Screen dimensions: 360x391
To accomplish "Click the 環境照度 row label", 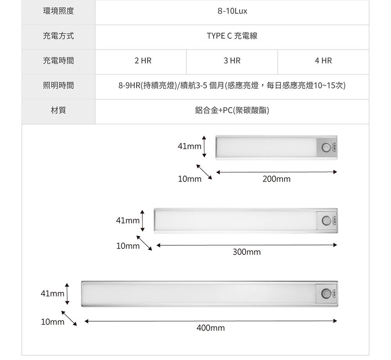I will (x=58, y=11).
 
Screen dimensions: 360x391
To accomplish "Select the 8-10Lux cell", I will (x=232, y=11).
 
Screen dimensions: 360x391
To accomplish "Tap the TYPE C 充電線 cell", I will (x=232, y=36).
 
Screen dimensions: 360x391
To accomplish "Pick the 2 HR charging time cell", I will (x=143, y=61).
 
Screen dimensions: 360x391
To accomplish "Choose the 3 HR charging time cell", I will (x=232, y=61).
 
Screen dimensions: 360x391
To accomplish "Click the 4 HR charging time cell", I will (x=323, y=61).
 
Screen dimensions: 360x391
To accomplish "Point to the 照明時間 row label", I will (x=58, y=86).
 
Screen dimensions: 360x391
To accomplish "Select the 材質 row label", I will (x=58, y=111).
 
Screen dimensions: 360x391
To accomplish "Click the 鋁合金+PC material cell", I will (x=232, y=111).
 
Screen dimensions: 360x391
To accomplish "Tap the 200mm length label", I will (x=276, y=179).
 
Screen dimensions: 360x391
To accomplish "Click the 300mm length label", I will (x=246, y=252).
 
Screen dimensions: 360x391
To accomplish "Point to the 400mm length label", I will (x=211, y=328).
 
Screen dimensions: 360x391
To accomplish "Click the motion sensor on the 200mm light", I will (x=326, y=147).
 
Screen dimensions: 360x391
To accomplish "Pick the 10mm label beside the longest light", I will (x=52, y=322).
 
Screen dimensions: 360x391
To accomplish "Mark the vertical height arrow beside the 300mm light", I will (x=143, y=221).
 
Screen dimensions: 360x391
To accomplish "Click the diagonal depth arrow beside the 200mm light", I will (x=204, y=172).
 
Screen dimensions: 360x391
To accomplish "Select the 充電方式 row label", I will (x=58, y=36).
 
